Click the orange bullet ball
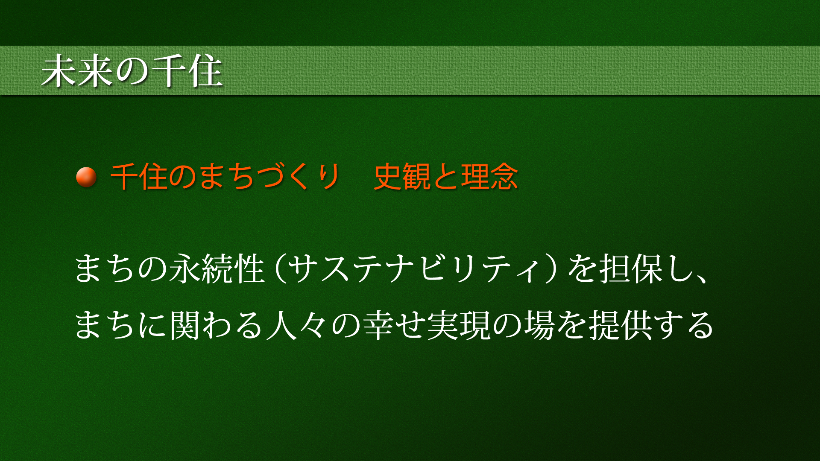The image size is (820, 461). (x=86, y=177)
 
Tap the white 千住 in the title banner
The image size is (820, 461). (x=187, y=71)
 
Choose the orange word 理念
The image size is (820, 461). (x=489, y=176)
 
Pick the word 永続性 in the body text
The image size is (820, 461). (x=217, y=269)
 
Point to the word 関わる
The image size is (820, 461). (x=216, y=325)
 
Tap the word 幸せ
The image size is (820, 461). (x=394, y=325)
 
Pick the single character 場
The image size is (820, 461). (x=540, y=325)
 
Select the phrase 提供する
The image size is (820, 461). (x=651, y=325)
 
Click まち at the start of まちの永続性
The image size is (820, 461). (x=105, y=269)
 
